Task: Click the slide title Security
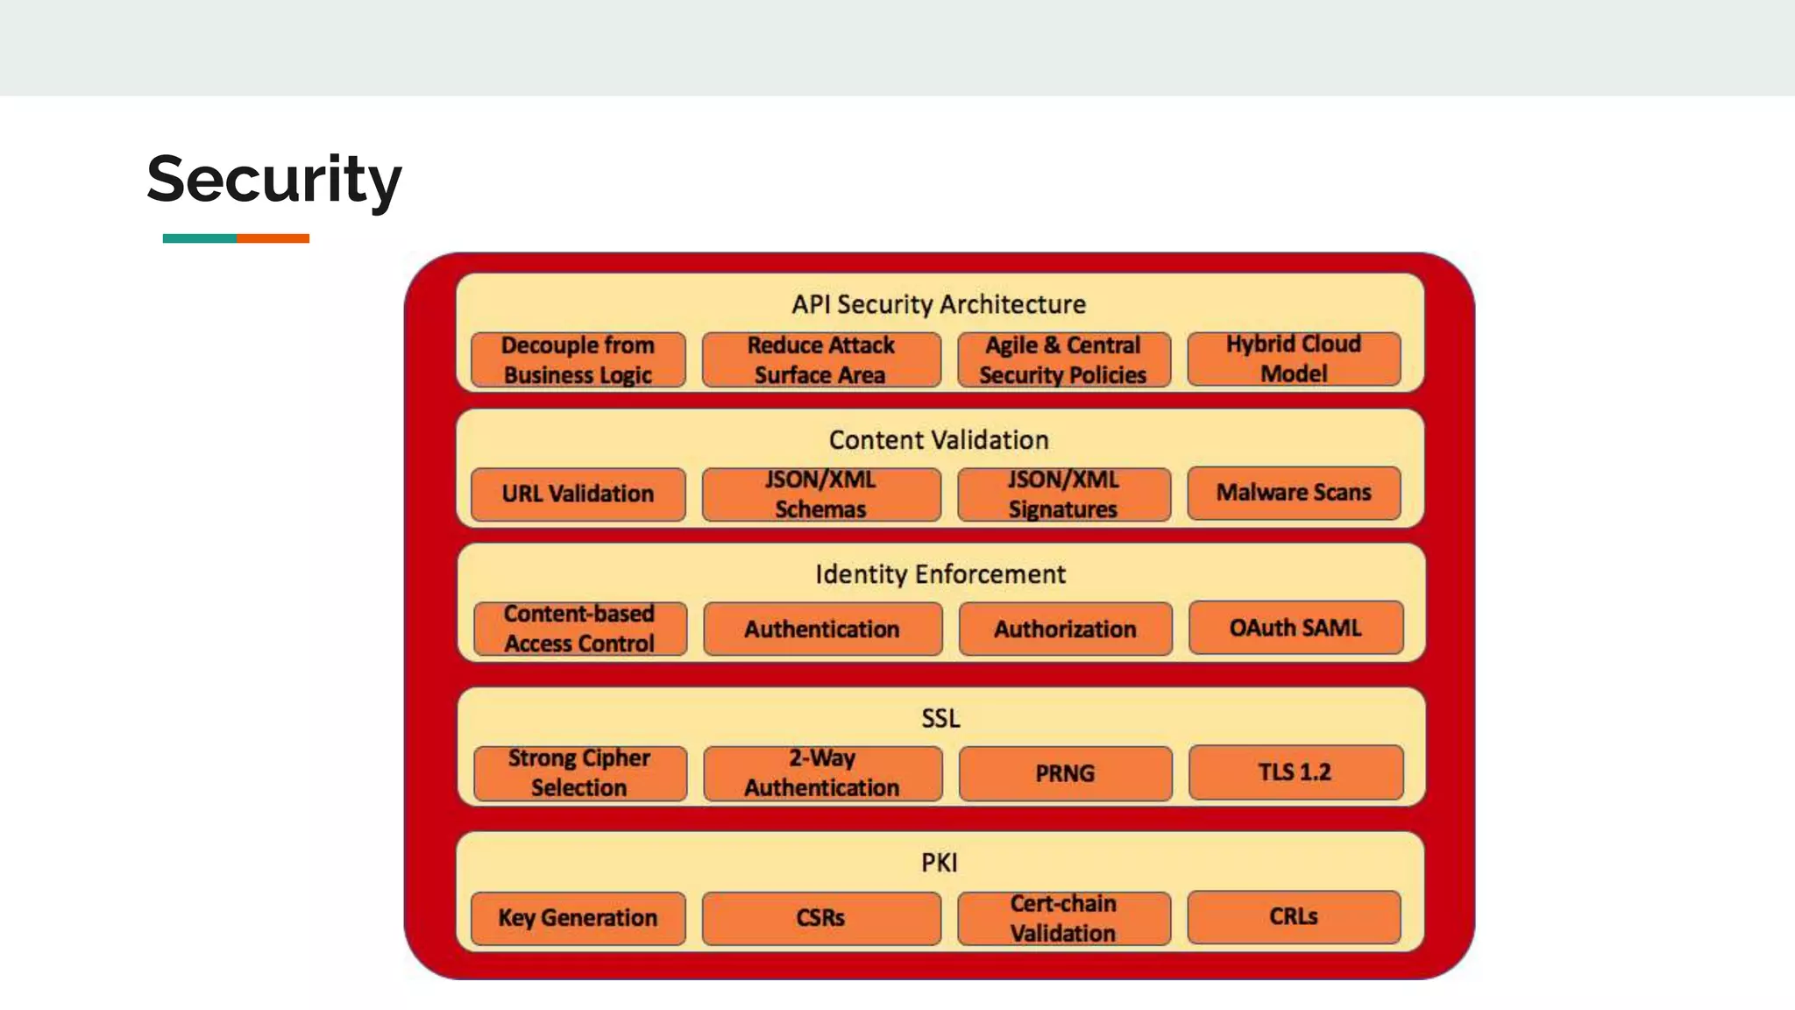point(273,180)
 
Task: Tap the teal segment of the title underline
point(199,238)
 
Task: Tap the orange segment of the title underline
point(273,238)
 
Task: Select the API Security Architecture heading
point(939,304)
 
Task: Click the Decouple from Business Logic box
point(578,359)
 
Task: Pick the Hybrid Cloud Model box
point(1294,359)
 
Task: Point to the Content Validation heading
point(939,439)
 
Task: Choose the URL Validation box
point(578,494)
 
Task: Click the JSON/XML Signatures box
point(1063,494)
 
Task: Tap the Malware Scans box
point(1294,493)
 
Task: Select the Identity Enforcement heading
point(940,574)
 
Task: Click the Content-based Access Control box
point(579,629)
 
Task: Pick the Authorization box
point(1065,629)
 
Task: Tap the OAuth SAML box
point(1295,628)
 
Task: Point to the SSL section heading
point(940,718)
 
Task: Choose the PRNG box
point(1065,773)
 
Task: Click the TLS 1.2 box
point(1295,772)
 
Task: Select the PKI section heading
point(939,863)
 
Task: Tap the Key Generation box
point(578,918)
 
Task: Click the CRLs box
point(1294,917)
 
